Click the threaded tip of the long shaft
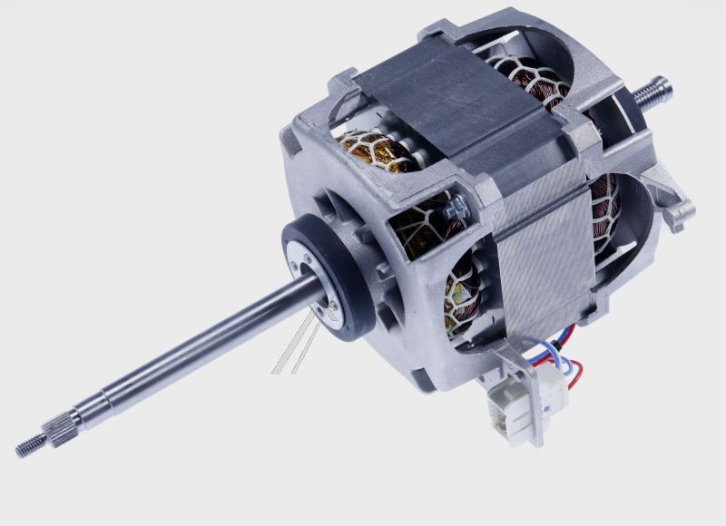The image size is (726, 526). (27, 447)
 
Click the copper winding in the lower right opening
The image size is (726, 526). (603, 213)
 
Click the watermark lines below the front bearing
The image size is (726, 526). (295, 349)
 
